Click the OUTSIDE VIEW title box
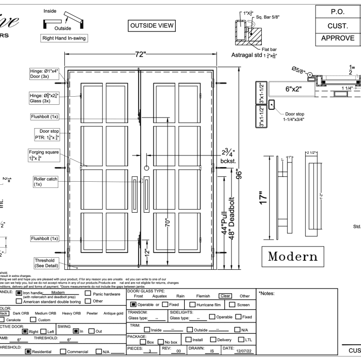[x=152, y=25]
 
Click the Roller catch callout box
[x=45, y=182]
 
